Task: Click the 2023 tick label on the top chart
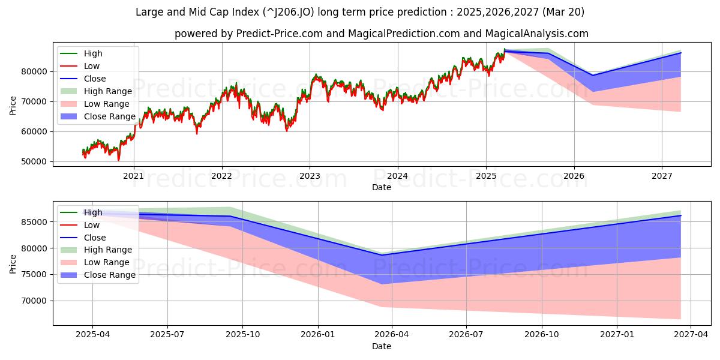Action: click(x=310, y=176)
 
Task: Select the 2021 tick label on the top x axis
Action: click(x=133, y=176)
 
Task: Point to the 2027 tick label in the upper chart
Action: click(x=662, y=176)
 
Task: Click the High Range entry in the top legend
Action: click(x=107, y=91)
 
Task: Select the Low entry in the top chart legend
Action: click(x=92, y=66)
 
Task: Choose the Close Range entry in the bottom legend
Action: click(x=110, y=275)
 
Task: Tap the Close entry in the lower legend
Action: click(x=95, y=238)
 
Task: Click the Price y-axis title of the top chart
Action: click(x=13, y=105)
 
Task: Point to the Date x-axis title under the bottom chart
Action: click(x=382, y=346)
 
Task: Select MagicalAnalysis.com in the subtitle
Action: click(x=538, y=34)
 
